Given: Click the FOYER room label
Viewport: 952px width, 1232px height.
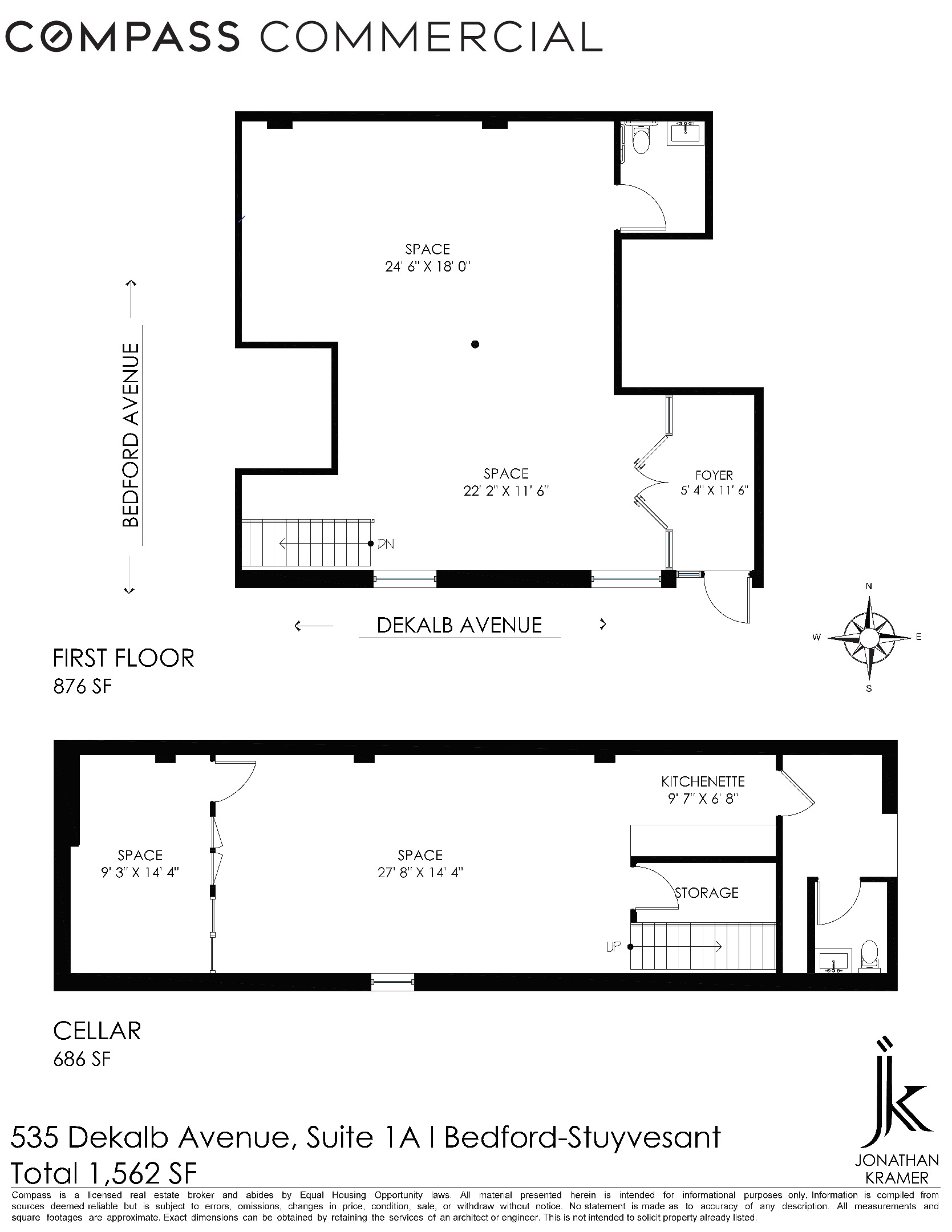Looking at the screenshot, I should tap(714, 475).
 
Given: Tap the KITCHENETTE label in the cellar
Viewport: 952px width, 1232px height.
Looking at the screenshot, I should tap(703, 781).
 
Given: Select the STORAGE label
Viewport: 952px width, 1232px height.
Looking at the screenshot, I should tap(707, 893).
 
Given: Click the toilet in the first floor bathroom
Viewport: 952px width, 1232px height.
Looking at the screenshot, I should tap(642, 140).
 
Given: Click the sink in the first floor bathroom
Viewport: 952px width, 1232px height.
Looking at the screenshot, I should tap(687, 133).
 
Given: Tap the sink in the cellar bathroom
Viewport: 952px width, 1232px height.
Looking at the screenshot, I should tap(834, 960).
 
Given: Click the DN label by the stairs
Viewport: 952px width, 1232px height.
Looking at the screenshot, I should tap(386, 544).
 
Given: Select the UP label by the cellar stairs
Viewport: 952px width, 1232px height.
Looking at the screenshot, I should tap(613, 947).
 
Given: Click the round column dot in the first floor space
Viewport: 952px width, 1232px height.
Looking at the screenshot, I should tap(475, 345).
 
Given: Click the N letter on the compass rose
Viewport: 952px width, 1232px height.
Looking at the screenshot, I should tap(869, 586).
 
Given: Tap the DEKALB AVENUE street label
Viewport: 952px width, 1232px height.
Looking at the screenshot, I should tap(459, 626).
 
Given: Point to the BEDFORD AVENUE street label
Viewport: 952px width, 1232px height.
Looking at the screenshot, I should tap(131, 435).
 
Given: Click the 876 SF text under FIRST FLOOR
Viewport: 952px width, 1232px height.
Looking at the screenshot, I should tap(82, 687).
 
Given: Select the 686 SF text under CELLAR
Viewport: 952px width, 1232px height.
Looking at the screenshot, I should tap(82, 1059).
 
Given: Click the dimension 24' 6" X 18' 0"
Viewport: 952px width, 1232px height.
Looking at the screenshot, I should tap(427, 266).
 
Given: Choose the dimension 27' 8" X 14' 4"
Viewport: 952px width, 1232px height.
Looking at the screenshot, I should tap(420, 873).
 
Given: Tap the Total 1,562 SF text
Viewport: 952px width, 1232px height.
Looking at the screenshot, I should tap(104, 1174).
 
